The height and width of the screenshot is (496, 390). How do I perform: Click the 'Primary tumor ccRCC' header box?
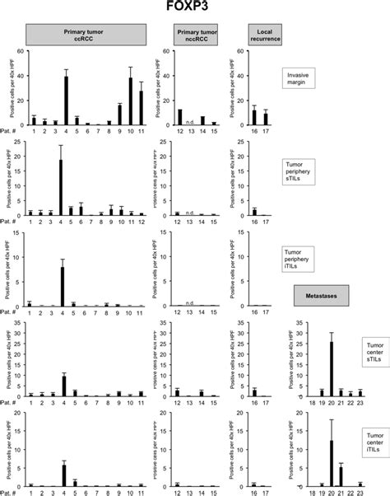pos(86,34)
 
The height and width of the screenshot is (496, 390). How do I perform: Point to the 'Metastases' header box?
pos(320,294)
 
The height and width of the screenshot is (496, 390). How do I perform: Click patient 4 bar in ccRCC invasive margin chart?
pos(66,101)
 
